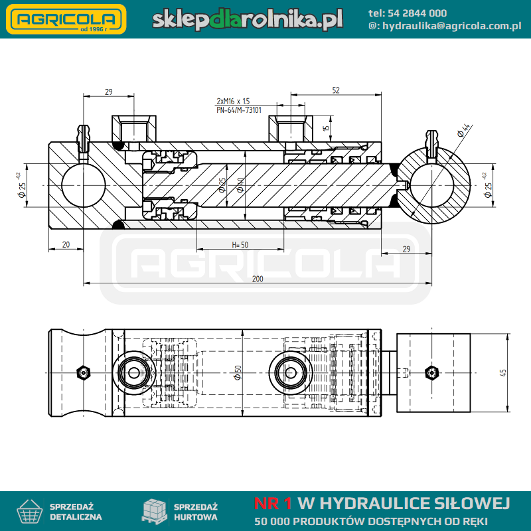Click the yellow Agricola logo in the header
tap(66, 19)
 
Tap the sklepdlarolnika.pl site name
tap(247, 19)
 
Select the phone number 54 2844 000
tap(417, 13)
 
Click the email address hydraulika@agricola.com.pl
tap(452, 26)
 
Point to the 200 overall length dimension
tap(258, 279)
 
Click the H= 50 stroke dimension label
tap(240, 244)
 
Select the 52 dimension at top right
tap(336, 90)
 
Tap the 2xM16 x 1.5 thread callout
tap(233, 101)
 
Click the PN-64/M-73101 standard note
tap(239, 110)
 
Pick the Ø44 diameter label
tap(463, 130)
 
